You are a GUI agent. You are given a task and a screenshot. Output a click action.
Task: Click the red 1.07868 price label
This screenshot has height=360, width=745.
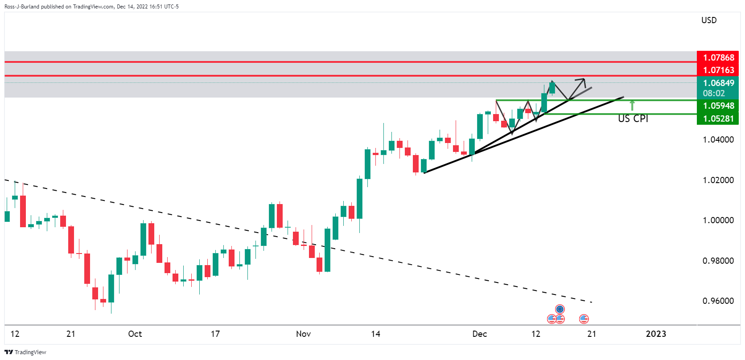click(x=718, y=57)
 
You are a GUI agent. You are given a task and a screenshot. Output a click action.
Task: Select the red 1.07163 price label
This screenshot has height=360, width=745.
click(x=718, y=70)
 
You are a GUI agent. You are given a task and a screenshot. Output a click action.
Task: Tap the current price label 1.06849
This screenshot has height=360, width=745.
click(x=718, y=83)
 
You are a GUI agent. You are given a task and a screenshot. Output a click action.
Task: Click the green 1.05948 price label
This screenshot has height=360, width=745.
click(x=718, y=106)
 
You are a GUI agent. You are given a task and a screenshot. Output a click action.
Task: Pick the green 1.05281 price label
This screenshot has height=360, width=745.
click(x=718, y=119)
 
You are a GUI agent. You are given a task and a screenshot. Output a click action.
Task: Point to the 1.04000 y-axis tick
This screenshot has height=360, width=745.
click(x=718, y=139)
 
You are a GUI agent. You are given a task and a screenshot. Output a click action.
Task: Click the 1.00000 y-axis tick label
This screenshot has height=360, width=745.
click(x=718, y=220)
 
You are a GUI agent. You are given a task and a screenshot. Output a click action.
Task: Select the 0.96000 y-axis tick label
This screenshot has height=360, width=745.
click(x=718, y=301)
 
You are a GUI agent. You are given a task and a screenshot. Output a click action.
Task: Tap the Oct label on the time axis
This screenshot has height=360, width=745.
click(x=135, y=334)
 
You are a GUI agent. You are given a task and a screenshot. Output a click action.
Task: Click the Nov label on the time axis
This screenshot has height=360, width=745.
click(x=303, y=334)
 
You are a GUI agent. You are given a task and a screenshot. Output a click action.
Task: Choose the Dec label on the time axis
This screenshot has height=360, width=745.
click(x=479, y=334)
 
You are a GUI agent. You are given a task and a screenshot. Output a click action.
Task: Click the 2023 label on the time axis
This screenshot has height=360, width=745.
click(x=656, y=334)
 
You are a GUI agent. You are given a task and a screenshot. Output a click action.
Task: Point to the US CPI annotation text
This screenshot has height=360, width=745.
click(x=633, y=119)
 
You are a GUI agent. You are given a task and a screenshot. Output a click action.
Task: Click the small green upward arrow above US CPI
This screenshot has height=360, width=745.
click(x=632, y=105)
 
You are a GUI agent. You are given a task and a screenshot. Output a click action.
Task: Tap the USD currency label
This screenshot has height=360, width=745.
click(x=709, y=20)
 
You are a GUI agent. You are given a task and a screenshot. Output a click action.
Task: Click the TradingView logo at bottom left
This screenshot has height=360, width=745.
click(x=25, y=352)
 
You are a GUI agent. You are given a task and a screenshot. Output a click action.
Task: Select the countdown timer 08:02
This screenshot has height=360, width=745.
click(x=714, y=93)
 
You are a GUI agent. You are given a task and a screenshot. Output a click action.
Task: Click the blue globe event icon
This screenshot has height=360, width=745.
click(x=560, y=309)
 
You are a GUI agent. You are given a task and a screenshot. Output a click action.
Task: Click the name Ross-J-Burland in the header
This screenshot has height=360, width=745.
click(x=22, y=7)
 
